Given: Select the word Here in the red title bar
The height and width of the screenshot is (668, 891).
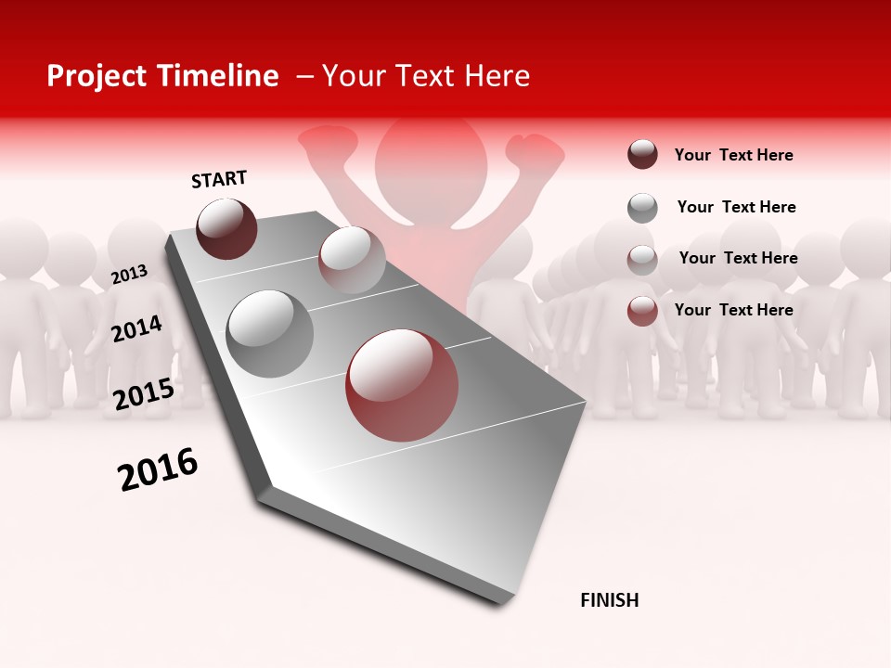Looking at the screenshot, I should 497,76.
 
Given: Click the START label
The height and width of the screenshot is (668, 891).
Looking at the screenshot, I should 219,179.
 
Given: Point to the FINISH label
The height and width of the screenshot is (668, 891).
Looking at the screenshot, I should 610,600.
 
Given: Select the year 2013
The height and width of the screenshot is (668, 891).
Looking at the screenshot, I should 130,274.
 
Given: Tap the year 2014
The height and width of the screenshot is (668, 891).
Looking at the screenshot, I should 137,328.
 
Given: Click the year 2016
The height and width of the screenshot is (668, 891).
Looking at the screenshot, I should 158,469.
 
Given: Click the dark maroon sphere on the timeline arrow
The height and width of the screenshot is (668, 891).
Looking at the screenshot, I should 227,228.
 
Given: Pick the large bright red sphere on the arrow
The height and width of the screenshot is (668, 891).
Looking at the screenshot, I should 402,385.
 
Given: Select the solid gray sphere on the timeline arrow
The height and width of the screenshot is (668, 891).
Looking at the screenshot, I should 270,334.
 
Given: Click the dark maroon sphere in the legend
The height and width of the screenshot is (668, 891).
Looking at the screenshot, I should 642,155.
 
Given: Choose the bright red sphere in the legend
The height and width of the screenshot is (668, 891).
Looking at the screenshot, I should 642,311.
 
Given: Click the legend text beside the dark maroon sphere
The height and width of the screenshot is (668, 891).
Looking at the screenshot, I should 733,155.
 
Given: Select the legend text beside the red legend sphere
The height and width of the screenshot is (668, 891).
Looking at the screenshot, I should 733,310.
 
